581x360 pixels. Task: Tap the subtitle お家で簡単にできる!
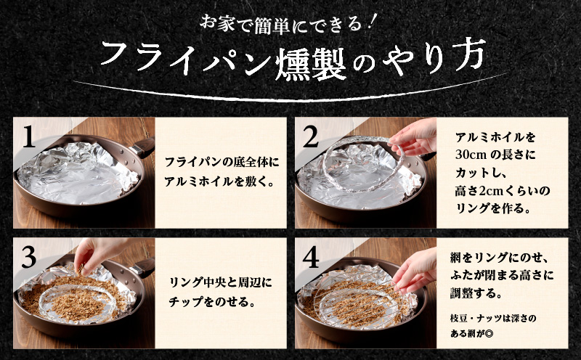pos(290,22)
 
